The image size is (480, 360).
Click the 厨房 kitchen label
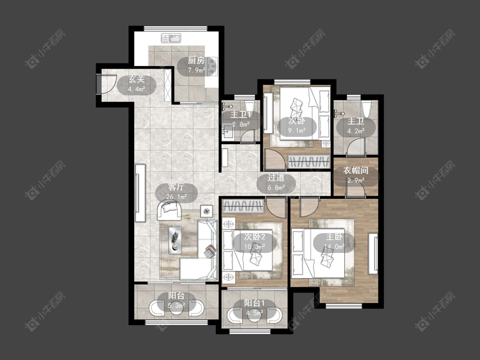[196, 61]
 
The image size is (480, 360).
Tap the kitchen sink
[171, 38]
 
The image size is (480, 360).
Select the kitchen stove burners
[212, 67]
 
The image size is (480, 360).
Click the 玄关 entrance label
[136, 80]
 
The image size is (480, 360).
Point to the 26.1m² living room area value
[176, 197]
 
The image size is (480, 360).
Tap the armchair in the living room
[169, 210]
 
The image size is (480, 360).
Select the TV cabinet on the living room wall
[140, 193]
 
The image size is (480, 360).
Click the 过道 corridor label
[276, 177]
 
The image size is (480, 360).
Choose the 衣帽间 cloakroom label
[355, 170]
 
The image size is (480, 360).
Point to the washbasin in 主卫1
[227, 132]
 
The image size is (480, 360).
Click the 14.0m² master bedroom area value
[334, 247]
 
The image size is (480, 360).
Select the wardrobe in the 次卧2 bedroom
[243, 206]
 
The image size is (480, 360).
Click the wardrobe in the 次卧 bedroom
[309, 162]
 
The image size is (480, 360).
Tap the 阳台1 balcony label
[254, 303]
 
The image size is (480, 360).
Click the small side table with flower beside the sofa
[207, 211]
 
